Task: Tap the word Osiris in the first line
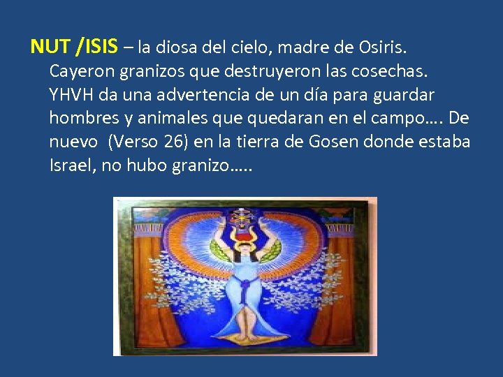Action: point(382,47)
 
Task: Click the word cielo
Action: point(249,47)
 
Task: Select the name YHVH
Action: point(70,94)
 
